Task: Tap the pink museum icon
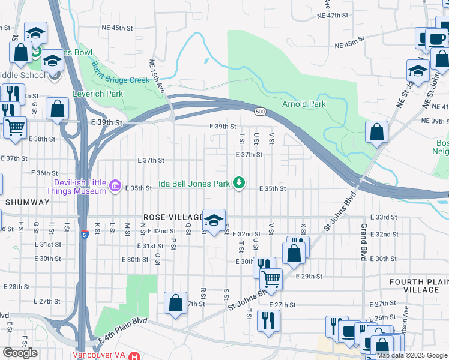coord(115,188)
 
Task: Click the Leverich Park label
coord(98,94)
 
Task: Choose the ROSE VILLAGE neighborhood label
coord(173,217)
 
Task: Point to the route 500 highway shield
coord(259,112)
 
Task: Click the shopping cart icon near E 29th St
coord(271,278)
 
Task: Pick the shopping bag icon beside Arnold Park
coord(376,133)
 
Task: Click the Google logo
coord(20,352)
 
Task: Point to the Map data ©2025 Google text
coord(411,355)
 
